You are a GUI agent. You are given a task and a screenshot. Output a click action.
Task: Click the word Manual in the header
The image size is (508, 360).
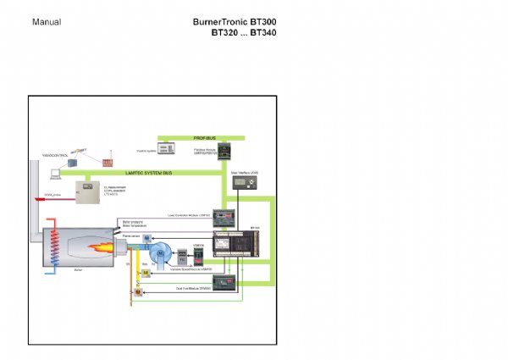(x=46, y=20)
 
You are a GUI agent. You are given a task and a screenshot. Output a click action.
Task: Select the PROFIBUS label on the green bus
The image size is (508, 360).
(x=202, y=136)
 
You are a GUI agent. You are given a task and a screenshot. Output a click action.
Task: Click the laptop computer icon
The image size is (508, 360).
(x=54, y=174)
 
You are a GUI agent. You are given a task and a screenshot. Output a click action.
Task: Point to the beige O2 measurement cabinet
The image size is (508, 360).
(x=89, y=192)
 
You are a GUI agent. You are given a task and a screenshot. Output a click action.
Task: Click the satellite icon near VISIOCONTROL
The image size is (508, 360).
(x=75, y=161)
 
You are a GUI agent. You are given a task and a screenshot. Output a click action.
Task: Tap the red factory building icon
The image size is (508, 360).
(x=107, y=159)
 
